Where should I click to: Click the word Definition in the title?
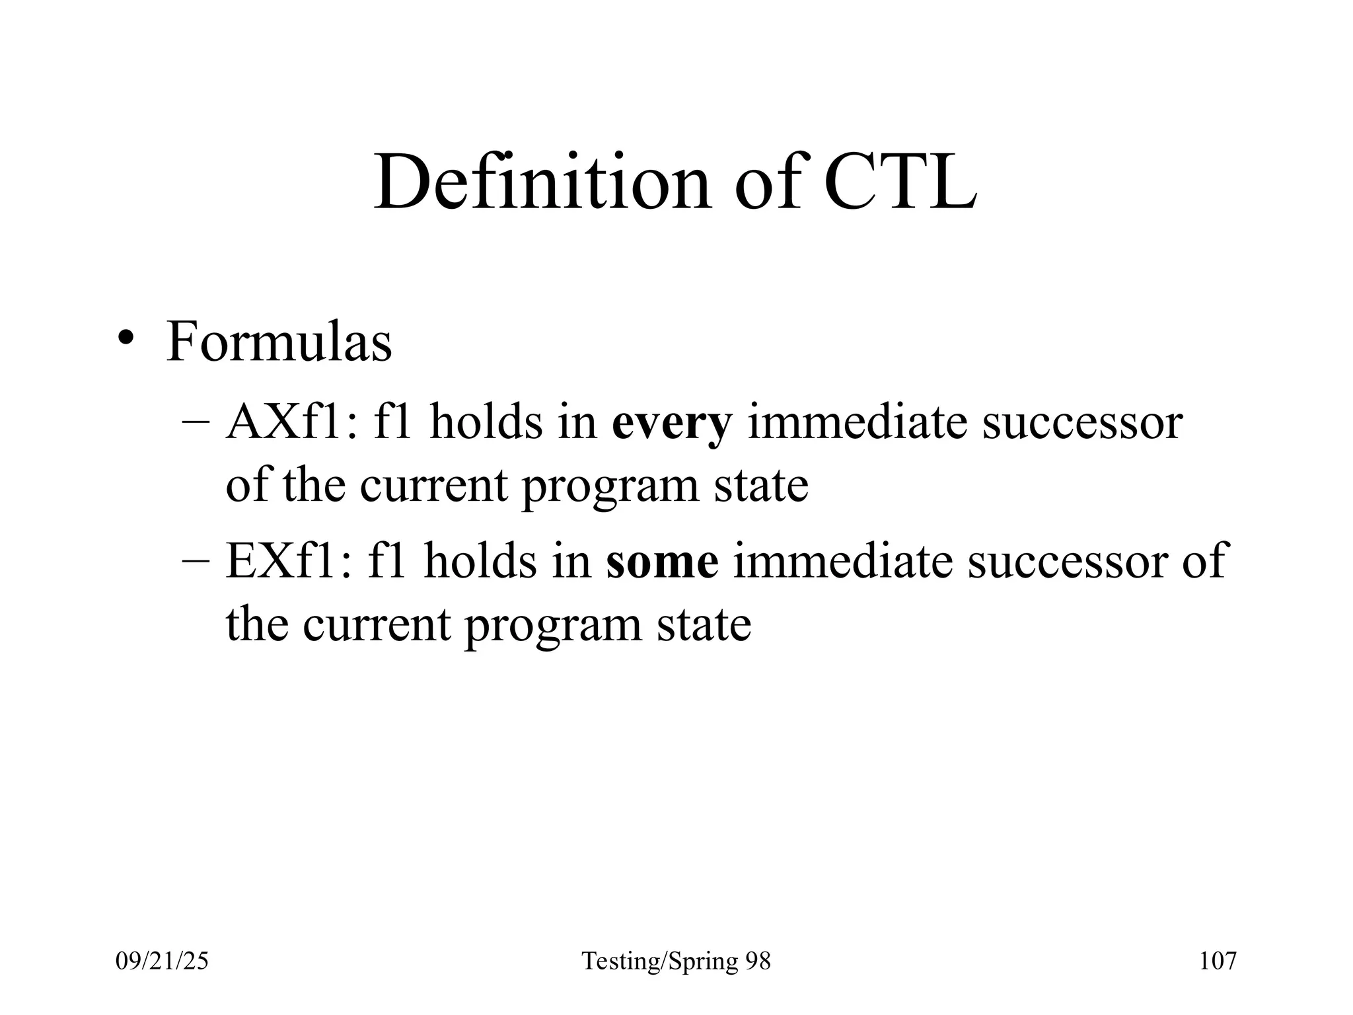(x=542, y=182)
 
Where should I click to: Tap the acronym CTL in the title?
(x=900, y=182)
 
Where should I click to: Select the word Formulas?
(x=279, y=342)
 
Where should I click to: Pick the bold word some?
(x=662, y=560)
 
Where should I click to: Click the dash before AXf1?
(x=196, y=423)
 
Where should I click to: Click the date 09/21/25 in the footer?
(x=162, y=961)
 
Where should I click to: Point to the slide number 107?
(x=1218, y=961)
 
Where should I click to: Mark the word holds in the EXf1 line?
(x=480, y=560)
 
